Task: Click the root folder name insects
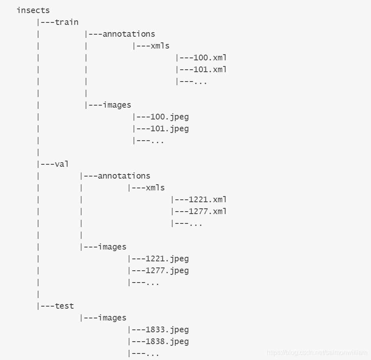(x=33, y=10)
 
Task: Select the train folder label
(x=66, y=22)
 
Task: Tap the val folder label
(x=62, y=164)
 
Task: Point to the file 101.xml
(x=210, y=69)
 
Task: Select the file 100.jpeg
(x=170, y=117)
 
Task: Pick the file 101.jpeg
(x=170, y=129)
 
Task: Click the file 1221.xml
(x=208, y=199)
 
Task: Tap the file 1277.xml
(x=208, y=211)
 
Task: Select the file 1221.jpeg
(x=167, y=258)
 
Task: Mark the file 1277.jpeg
(x=167, y=270)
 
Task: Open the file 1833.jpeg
(x=167, y=329)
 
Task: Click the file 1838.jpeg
(x=167, y=341)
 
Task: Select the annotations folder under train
(x=129, y=34)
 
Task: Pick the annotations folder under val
(x=124, y=176)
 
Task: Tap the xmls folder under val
(x=155, y=188)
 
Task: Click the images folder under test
(x=112, y=318)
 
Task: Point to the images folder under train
(x=117, y=105)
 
